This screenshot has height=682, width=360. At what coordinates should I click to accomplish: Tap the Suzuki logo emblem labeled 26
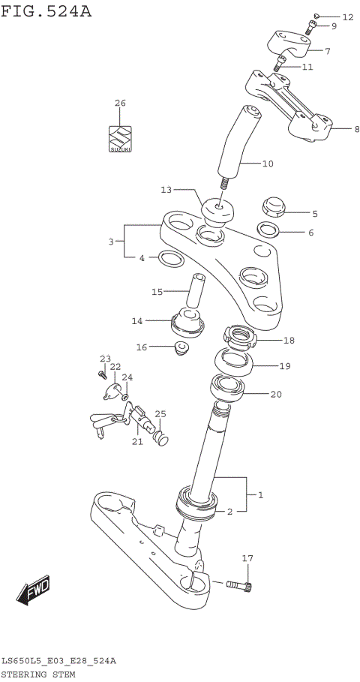click(120, 138)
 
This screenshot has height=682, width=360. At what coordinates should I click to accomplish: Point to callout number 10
click(268, 163)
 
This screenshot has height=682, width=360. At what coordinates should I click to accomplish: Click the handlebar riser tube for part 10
click(236, 143)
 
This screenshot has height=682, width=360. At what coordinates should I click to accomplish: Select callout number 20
click(276, 395)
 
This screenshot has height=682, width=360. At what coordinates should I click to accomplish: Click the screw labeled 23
click(102, 372)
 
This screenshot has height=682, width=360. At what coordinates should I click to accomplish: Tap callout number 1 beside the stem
click(261, 495)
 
